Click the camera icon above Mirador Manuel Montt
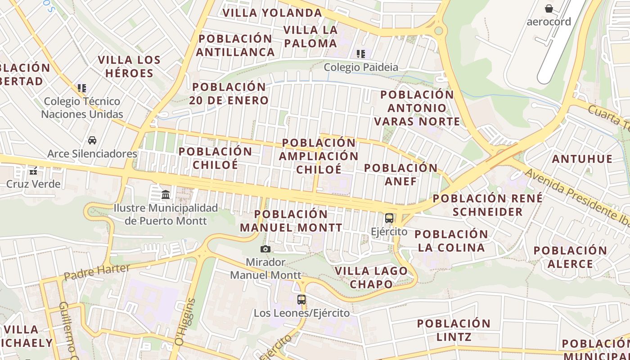tap(265, 249)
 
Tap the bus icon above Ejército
tap(389, 219)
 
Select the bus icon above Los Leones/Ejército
tap(301, 299)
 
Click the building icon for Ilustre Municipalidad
tap(166, 195)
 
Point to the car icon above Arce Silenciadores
tap(92, 140)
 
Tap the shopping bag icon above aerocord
tap(549, 9)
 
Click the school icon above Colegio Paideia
tap(361, 54)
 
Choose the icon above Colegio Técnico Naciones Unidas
tap(82, 88)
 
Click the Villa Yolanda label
tap(272, 13)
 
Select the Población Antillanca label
tap(235, 45)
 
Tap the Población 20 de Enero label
tap(229, 93)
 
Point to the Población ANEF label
tap(400, 175)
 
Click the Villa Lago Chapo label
tap(372, 278)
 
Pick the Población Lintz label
tap(454, 330)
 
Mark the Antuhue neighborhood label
tap(582, 159)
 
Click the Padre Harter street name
tap(96, 272)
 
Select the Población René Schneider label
tap(488, 205)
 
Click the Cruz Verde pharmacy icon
tap(33, 171)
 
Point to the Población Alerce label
tap(570, 257)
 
